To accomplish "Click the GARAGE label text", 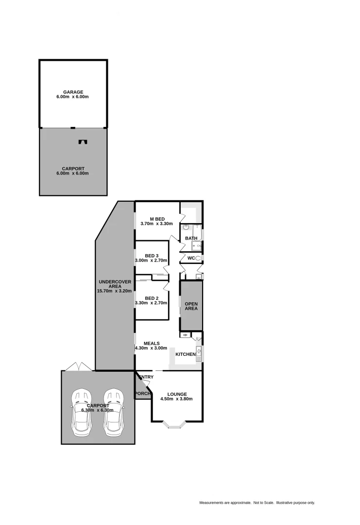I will pos(73,92).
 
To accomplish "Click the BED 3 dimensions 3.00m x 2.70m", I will pos(151,261).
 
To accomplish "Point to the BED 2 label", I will pos(152,298).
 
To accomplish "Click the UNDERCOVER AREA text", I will pos(115,284).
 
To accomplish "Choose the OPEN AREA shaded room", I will pos(191,305).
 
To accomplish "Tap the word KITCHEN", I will pos(185,354).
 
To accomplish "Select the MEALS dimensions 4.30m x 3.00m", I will pos(151,348).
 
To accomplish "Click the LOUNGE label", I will pos(177,394).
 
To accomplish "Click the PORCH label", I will pos(143,393).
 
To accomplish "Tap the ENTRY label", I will pos(146,377).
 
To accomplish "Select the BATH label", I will pos(191,238).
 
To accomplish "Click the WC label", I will pos(191,258).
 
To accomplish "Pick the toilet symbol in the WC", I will pos(198,258).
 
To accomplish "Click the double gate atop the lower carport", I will pos(78,366).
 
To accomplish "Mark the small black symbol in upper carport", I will pos(83,142).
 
